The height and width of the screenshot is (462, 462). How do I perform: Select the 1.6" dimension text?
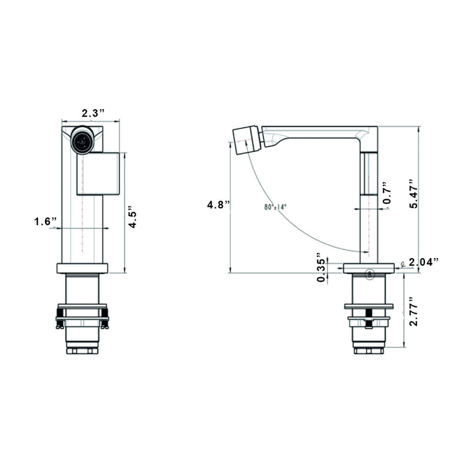click(x=45, y=222)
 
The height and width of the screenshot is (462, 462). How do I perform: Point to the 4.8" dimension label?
click(x=218, y=204)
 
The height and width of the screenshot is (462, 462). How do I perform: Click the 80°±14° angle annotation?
click(x=275, y=207)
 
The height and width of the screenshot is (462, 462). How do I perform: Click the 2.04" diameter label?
click(x=423, y=262)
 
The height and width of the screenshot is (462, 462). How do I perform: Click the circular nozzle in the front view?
click(x=82, y=140)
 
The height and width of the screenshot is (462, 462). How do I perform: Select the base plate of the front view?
click(x=82, y=268)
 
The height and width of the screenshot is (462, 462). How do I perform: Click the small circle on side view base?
click(x=370, y=274)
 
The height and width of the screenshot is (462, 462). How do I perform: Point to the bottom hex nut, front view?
click(x=82, y=350)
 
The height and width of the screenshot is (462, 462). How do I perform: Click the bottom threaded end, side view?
click(x=369, y=349)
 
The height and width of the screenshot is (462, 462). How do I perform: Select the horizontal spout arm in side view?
click(x=318, y=133)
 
